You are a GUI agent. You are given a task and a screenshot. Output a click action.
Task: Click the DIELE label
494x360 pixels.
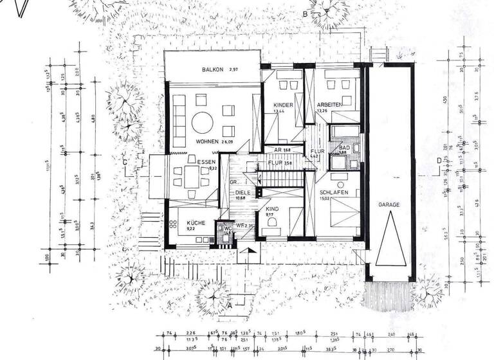click(x=242, y=192)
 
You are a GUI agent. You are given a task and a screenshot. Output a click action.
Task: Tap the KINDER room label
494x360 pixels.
click(x=283, y=105)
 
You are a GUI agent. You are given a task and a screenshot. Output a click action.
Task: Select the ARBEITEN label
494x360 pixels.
click(x=329, y=104)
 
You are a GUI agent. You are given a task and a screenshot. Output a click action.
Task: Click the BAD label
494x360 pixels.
click(x=344, y=148)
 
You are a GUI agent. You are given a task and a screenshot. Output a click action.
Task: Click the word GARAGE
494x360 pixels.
click(x=389, y=205)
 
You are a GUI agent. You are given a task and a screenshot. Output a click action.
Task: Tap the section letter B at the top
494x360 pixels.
click(x=306, y=14)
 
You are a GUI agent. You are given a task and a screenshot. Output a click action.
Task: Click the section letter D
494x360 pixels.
click(x=438, y=161)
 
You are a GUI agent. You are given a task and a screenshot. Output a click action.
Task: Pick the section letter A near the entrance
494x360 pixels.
click(x=230, y=306)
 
